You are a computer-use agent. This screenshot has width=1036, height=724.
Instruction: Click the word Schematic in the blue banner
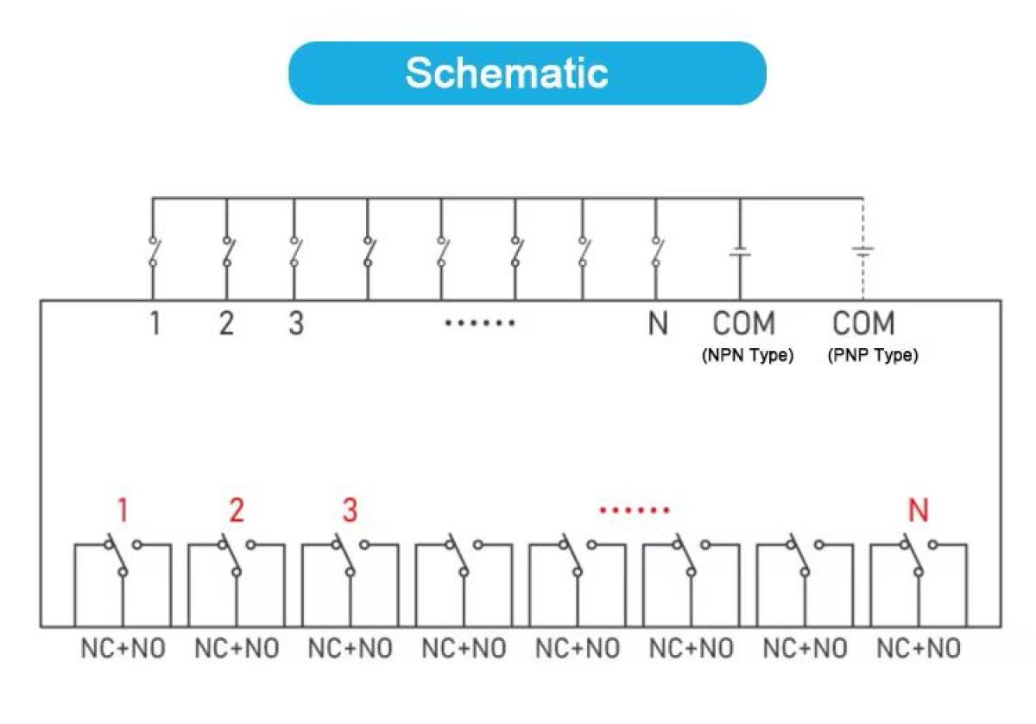(507, 73)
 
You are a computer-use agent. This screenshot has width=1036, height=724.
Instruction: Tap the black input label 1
(155, 323)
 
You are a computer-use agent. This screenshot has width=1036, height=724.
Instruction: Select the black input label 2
(226, 323)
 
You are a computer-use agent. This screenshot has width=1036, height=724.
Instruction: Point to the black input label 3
(296, 323)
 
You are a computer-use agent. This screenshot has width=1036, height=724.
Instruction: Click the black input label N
(658, 323)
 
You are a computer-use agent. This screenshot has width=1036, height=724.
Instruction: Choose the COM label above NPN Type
(743, 323)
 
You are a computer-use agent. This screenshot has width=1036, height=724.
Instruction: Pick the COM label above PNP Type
(863, 323)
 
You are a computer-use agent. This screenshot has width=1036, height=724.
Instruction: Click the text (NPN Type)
(748, 355)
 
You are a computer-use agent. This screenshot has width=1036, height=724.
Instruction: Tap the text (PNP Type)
(873, 355)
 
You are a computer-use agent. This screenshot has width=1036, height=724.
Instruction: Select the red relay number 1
(123, 510)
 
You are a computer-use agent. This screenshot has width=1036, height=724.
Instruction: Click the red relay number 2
(237, 510)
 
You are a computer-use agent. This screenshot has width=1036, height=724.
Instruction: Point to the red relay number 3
(351, 510)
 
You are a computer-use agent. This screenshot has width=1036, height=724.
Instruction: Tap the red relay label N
(919, 510)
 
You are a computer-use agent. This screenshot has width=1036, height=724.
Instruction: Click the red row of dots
(634, 511)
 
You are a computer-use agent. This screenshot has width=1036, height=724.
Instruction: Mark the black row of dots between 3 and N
(480, 322)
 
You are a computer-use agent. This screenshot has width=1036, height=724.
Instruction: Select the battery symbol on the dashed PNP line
(863, 251)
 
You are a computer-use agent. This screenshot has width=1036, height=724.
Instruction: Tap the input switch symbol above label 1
(154, 251)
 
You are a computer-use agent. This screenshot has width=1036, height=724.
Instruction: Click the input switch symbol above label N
(657, 251)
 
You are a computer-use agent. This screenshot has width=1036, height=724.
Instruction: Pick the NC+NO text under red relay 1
(123, 649)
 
